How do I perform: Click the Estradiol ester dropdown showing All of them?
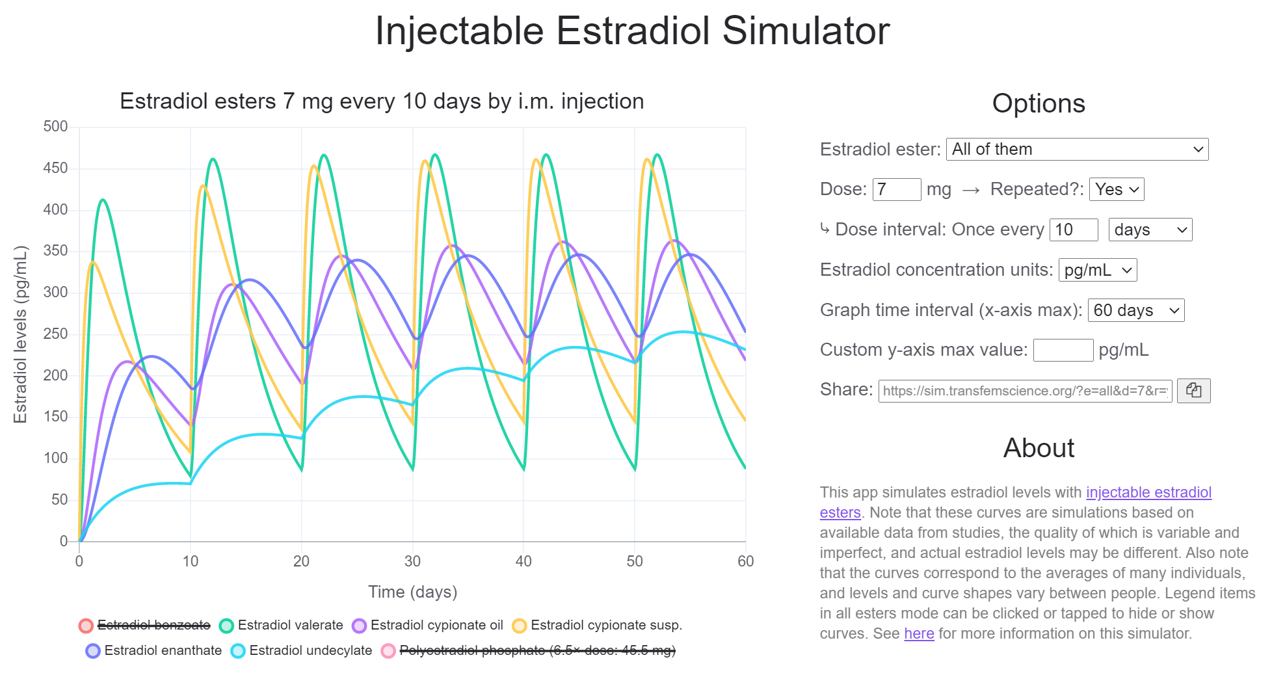[1077, 150]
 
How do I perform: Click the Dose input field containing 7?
[897, 189]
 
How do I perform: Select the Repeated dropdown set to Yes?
[1117, 189]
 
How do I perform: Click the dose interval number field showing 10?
[1074, 230]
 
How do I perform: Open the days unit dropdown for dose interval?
[1150, 230]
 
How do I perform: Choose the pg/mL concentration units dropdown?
[1098, 270]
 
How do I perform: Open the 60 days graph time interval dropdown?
[1136, 310]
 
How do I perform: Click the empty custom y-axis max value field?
[1063, 350]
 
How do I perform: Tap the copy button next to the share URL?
[1194, 391]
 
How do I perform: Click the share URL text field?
[1025, 391]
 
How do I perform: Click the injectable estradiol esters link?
[1148, 492]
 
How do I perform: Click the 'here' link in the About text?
[919, 633]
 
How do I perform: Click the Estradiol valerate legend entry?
[282, 626]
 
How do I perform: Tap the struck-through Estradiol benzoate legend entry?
[144, 626]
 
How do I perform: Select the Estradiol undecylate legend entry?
[302, 650]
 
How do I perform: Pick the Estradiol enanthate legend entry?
[154, 650]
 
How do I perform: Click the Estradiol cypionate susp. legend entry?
[597, 626]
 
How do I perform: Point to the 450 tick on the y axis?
[55, 168]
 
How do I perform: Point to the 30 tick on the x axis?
[412, 561]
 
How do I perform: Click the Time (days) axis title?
[413, 592]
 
